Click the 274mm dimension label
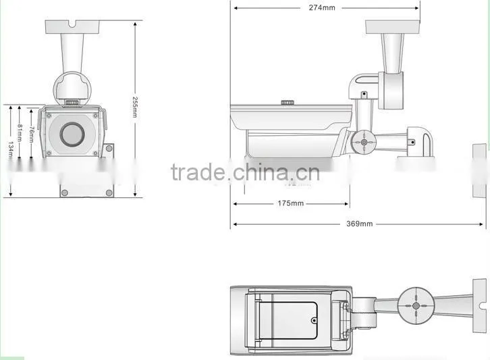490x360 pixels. (322, 8)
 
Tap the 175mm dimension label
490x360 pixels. (291, 203)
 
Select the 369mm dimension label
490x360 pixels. (359, 224)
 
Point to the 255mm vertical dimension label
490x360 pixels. (135, 107)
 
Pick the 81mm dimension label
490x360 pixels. (20, 132)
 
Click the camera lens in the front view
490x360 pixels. (72, 134)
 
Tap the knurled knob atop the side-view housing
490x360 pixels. (288, 102)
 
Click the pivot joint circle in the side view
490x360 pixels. (364, 143)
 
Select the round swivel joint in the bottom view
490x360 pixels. (416, 305)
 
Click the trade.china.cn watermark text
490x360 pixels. (246, 172)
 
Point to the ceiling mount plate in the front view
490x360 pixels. (72, 27)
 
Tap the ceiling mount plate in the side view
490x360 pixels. (393, 27)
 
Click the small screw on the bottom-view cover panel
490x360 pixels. (314, 321)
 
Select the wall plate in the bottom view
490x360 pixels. (480, 305)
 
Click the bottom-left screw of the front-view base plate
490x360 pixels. (65, 192)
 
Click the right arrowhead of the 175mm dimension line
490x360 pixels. (346, 204)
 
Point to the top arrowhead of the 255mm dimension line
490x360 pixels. (135, 24)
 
